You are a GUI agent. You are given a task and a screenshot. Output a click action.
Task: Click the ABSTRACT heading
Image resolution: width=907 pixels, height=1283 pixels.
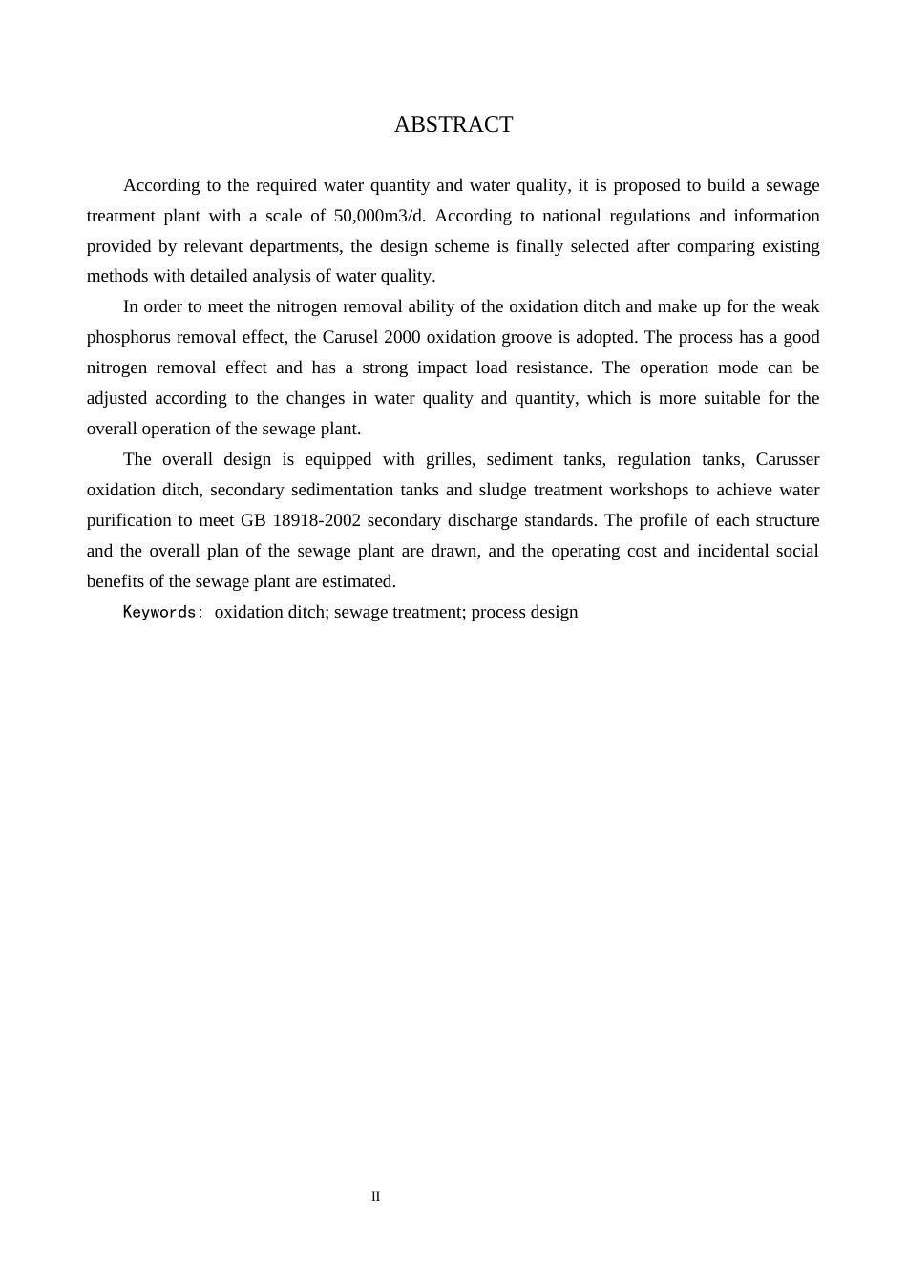(x=453, y=125)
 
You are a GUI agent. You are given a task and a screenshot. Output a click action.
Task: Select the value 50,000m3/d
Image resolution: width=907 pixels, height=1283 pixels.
(x=379, y=216)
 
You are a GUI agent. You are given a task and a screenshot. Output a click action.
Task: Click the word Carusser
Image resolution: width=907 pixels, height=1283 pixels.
(x=787, y=459)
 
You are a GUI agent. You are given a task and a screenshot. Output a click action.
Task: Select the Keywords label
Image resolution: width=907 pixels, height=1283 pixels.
(x=159, y=612)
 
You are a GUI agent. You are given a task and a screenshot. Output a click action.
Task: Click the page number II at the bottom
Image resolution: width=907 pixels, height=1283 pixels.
(x=375, y=1196)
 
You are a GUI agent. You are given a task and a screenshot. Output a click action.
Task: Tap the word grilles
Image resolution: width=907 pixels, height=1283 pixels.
(x=450, y=459)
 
